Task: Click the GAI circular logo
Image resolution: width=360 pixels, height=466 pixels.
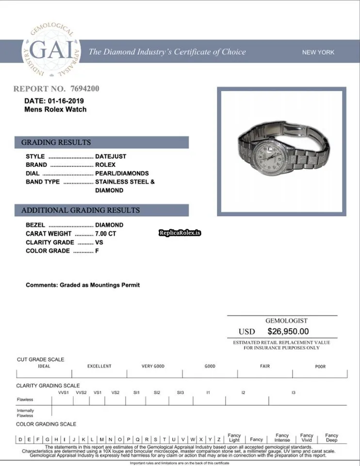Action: point(50,51)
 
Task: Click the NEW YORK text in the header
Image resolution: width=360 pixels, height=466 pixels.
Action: point(318,52)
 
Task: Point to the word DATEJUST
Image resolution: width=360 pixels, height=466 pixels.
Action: point(111,156)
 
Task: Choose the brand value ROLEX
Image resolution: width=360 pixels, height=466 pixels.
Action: point(105,165)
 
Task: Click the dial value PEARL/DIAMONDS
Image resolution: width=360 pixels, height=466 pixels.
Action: point(122,173)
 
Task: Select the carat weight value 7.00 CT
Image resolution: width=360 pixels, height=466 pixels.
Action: point(106,233)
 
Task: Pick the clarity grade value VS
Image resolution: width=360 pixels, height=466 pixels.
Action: point(99,242)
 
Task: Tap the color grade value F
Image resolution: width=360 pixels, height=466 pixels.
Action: point(97,251)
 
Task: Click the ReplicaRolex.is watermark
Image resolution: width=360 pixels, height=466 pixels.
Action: point(180,233)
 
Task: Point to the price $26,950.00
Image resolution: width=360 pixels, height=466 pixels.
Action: point(288,332)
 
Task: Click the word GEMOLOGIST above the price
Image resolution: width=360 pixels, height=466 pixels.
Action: point(286,321)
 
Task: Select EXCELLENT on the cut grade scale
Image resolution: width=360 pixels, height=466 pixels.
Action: point(99,366)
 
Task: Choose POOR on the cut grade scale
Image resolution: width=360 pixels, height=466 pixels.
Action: point(320,366)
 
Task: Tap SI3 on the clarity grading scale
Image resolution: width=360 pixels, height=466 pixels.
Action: point(180,392)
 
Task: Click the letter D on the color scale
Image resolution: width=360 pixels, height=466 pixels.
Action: point(20,439)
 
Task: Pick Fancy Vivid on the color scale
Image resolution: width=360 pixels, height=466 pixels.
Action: point(307,438)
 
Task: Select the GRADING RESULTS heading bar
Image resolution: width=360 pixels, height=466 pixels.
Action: point(104,142)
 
